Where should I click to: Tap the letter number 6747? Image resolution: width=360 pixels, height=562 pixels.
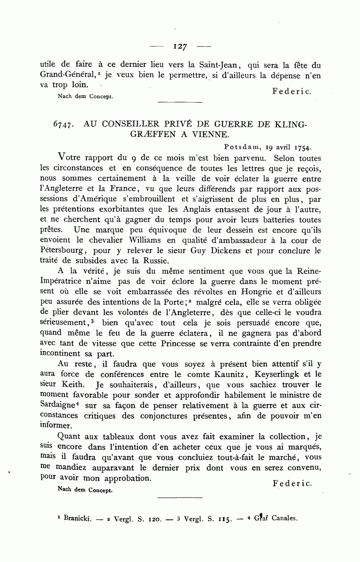pos(62,124)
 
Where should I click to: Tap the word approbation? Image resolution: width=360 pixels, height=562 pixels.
pos(128,478)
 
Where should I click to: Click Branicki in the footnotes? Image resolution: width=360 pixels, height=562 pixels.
pos(77,518)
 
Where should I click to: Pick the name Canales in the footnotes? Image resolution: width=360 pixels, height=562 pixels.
pos(284,518)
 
